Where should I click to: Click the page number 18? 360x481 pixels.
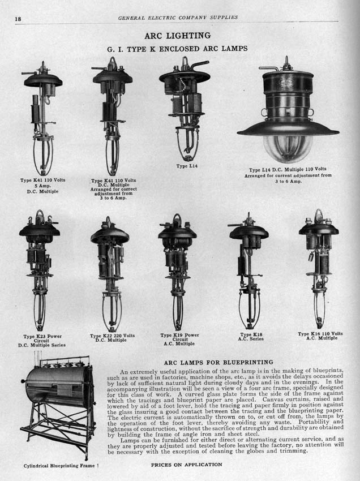click(19, 18)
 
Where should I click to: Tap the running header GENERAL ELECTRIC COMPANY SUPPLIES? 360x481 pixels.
click(178, 18)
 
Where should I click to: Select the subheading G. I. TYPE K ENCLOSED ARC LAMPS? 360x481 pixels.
click(177, 49)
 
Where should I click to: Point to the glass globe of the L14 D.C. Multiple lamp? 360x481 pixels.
click(288, 148)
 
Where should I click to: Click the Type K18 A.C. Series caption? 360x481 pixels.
click(250, 337)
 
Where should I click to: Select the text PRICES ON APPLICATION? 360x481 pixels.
click(186, 465)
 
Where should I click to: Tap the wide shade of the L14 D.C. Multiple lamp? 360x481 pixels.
click(288, 128)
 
